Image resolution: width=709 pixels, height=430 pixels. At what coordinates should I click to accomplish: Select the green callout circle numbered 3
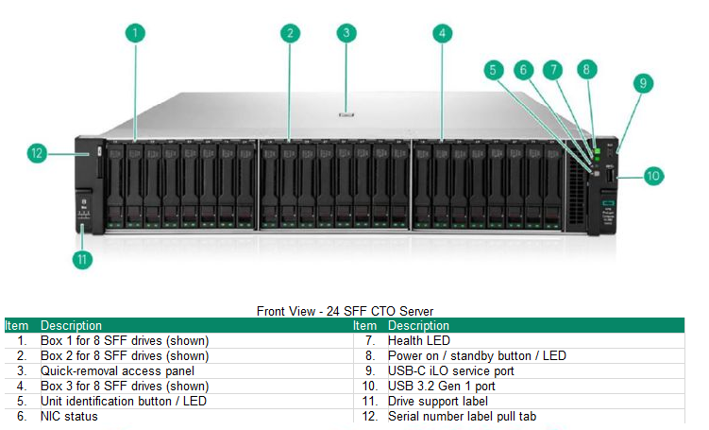coord(346,33)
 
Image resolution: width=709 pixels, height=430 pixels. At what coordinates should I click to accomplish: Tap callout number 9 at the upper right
coord(642,83)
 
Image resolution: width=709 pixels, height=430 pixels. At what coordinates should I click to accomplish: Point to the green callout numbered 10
coord(654,175)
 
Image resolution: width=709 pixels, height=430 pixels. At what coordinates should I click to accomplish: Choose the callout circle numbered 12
coord(37,153)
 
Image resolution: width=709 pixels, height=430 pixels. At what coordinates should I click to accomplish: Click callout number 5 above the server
coord(492,70)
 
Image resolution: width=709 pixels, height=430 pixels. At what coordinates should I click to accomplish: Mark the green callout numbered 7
coord(554,70)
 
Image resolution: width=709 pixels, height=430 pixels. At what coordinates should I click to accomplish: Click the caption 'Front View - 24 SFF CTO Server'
coord(345,311)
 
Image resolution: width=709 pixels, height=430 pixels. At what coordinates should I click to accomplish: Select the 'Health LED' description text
coord(419,340)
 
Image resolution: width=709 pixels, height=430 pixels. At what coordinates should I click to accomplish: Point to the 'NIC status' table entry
coord(67,416)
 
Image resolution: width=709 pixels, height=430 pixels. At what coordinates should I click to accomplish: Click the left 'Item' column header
coord(16,325)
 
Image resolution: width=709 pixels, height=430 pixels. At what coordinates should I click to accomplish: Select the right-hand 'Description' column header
coord(418,325)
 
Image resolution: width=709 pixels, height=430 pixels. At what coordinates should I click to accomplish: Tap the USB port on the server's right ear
coord(611,176)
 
